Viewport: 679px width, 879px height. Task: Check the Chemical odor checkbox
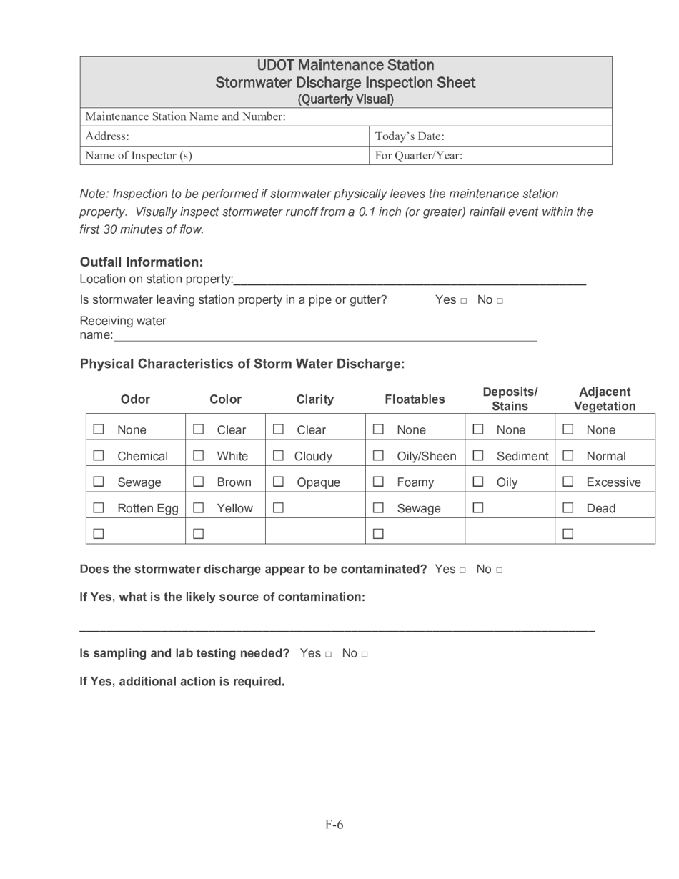click(99, 456)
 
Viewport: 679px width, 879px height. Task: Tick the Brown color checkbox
click(199, 482)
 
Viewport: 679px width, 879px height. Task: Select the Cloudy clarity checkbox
click(278, 456)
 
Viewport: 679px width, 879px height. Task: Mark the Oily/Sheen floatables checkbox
click(378, 456)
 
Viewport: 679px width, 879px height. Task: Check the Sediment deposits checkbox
click(478, 456)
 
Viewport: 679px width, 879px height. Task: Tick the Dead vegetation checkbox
click(568, 508)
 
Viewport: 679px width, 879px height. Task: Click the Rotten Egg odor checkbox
click(99, 508)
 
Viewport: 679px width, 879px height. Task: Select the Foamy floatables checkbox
click(378, 482)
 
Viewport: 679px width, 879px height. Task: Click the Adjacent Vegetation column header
click(604, 399)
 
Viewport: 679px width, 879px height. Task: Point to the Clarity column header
click(314, 399)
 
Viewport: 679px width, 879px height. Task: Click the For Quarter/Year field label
click(418, 155)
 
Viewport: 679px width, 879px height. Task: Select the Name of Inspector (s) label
click(139, 155)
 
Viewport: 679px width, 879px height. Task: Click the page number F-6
click(334, 825)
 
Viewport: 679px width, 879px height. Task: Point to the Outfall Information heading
click(142, 262)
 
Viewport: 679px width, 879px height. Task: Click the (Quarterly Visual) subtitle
click(345, 99)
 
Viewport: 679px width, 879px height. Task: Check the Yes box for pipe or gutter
click(463, 301)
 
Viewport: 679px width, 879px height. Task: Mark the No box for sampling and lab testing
click(365, 655)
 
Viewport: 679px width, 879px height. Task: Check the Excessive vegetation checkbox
click(568, 482)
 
